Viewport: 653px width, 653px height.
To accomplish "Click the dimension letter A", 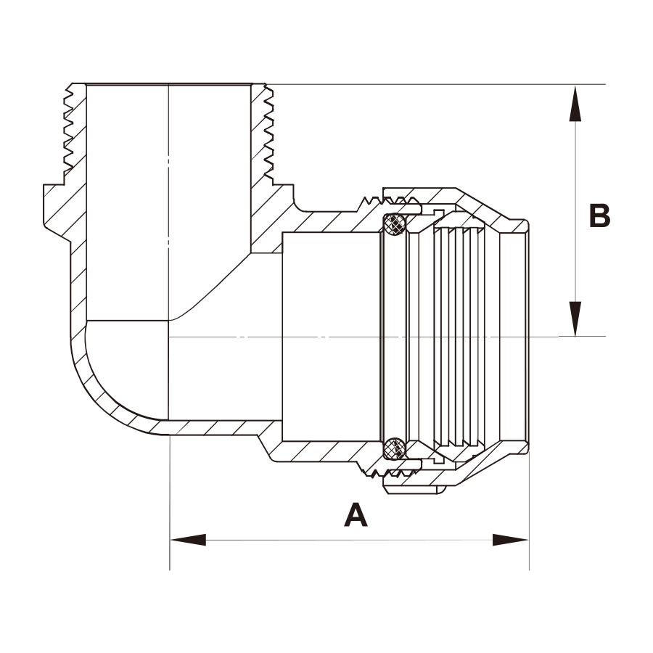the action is pyautogui.click(x=356, y=514).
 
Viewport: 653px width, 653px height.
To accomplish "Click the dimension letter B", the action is pyautogui.click(x=600, y=215).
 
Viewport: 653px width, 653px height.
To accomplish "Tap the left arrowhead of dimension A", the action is pyautogui.click(x=188, y=540).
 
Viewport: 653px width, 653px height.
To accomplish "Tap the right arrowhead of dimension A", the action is pyautogui.click(x=511, y=540).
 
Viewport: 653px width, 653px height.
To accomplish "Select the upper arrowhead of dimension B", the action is pyautogui.click(x=575, y=103).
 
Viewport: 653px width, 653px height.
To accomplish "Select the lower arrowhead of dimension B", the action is pyautogui.click(x=575, y=319).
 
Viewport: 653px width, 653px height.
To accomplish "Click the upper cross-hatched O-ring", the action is pyautogui.click(x=394, y=225).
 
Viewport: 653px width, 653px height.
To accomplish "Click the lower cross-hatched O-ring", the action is pyautogui.click(x=394, y=448).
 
